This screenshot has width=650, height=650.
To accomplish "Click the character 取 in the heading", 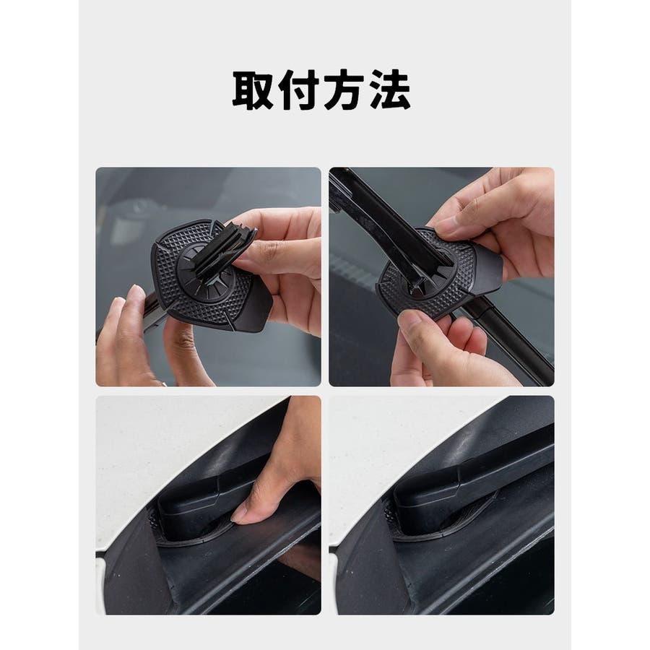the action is [253, 90].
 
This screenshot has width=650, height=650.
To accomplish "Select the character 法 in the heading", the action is [390, 90].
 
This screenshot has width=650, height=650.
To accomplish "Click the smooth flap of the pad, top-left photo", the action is [253, 310].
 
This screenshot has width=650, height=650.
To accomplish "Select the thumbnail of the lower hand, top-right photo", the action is [410, 321].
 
